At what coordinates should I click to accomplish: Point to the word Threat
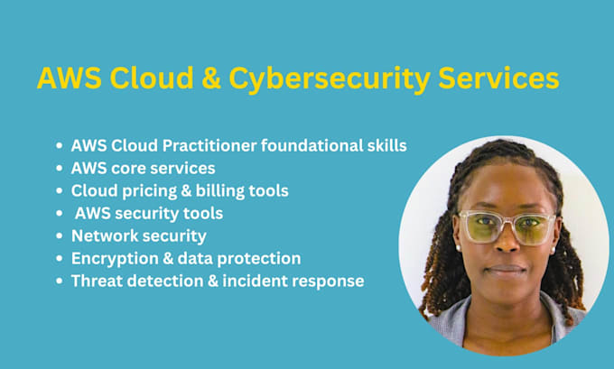coord(97,281)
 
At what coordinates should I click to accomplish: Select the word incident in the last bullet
coord(255,281)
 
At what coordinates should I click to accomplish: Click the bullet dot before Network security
coord(60,236)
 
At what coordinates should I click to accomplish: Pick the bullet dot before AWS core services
coord(60,169)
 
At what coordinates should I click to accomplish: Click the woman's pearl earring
coord(457,245)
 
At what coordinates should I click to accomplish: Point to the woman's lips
coord(507,269)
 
